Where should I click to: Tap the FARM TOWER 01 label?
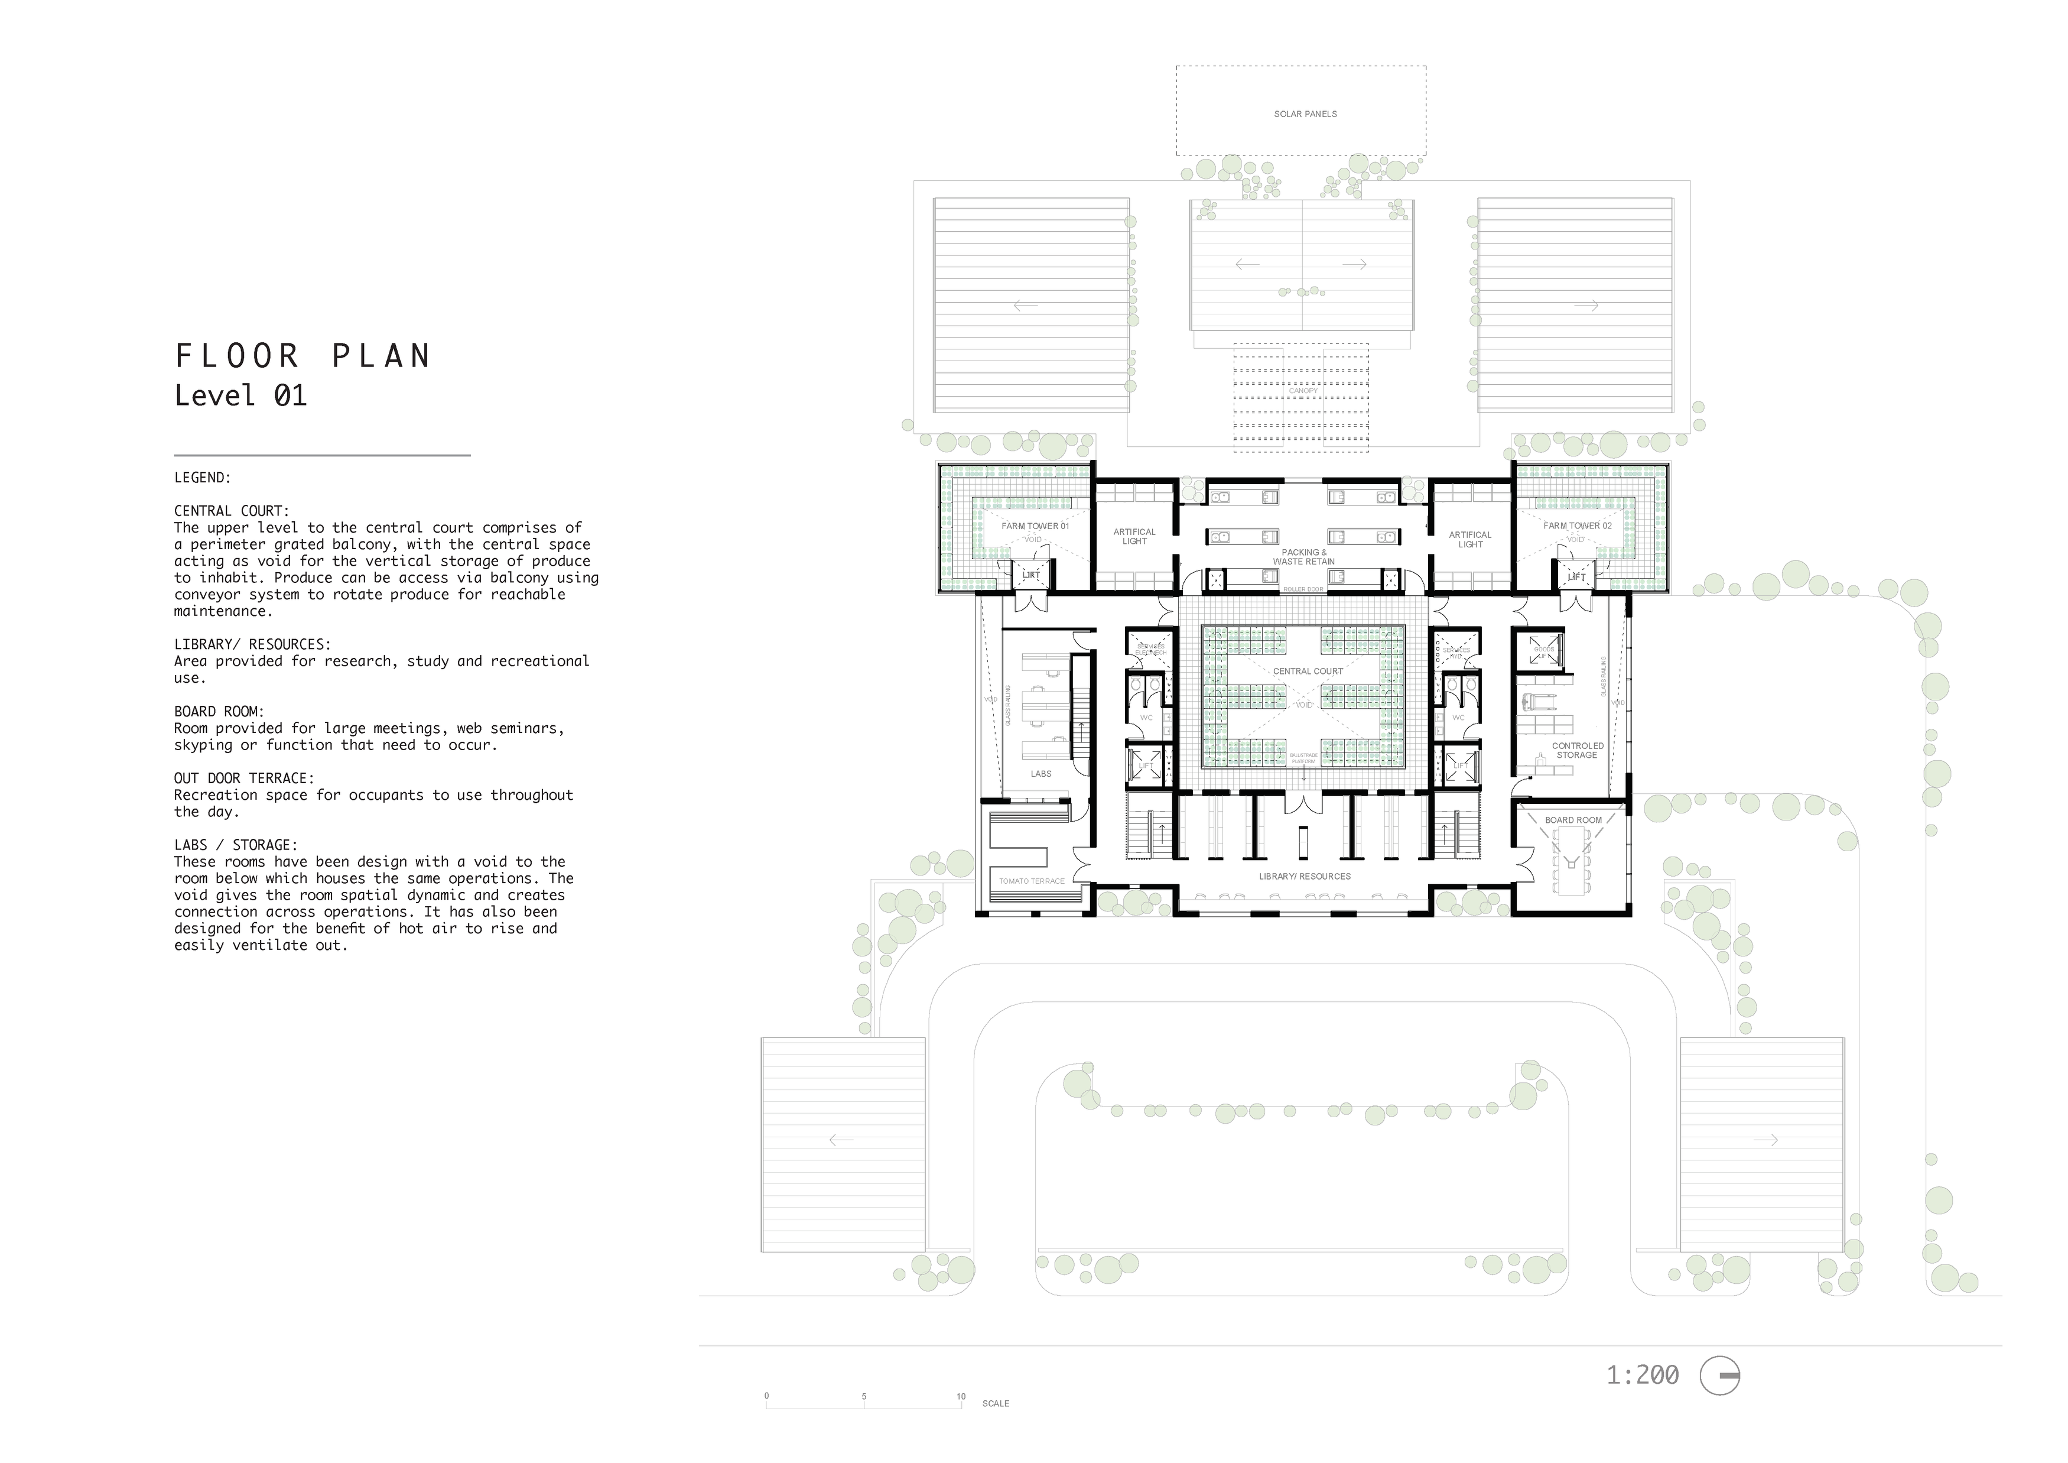tap(1035, 526)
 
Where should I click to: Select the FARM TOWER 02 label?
tap(1576, 525)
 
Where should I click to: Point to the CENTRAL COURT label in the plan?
tap(1307, 671)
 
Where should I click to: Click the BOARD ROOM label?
tap(1573, 820)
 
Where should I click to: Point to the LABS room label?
tap(1040, 774)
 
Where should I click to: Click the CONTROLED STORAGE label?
tap(1577, 751)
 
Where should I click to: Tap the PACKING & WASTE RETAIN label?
tap(1303, 557)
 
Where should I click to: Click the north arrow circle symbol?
tap(1719, 1376)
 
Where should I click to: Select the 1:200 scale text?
tap(1642, 1375)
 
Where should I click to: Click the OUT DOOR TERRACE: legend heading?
tap(244, 778)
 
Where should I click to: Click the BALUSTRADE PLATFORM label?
tap(1303, 758)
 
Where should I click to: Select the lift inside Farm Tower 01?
tap(1030, 575)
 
